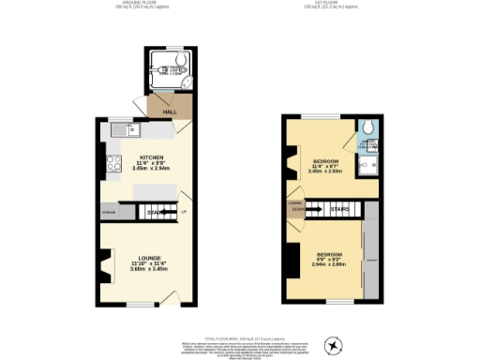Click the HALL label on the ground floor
point(170,112)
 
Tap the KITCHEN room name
point(152,157)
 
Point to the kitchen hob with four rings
point(115,167)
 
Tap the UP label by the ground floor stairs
point(184,213)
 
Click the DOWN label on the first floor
point(296,209)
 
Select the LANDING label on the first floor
point(294,202)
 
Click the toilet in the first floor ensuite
point(371,128)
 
